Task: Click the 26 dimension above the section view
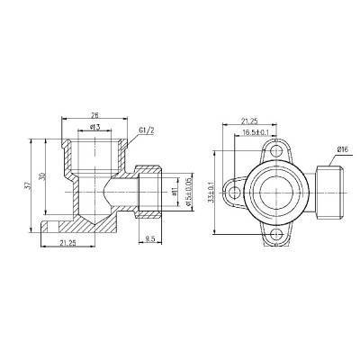click(x=95, y=116)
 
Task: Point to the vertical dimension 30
click(x=41, y=175)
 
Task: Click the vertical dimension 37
click(x=29, y=184)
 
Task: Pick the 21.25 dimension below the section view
click(x=67, y=242)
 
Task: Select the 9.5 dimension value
click(x=150, y=238)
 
